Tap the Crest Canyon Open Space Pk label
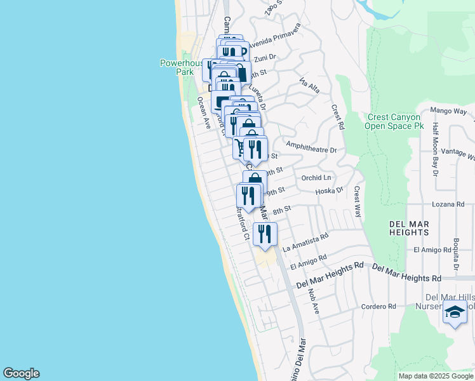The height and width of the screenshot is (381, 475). pyautogui.click(x=393, y=121)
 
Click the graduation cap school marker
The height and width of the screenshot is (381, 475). pyautogui.click(x=455, y=312)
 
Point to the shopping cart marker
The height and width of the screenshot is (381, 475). pyautogui.click(x=241, y=148)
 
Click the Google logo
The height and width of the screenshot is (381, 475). pyautogui.click(x=21, y=373)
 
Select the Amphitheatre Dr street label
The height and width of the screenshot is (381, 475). pyautogui.click(x=311, y=150)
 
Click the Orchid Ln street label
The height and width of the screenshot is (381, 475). pyautogui.click(x=316, y=178)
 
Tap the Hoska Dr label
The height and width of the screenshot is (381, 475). pyautogui.click(x=329, y=190)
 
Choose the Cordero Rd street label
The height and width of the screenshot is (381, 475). pyautogui.click(x=378, y=306)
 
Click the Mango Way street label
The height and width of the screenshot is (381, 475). pyautogui.click(x=448, y=111)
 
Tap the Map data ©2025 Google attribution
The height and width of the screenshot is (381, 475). pyautogui.click(x=436, y=376)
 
